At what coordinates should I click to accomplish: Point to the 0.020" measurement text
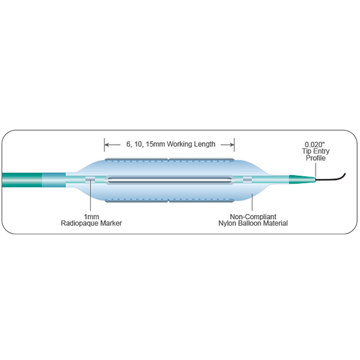click(314, 144)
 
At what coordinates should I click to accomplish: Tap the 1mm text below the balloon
click(91, 215)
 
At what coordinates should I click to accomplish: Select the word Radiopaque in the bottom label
click(83, 223)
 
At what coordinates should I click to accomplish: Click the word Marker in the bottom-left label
click(114, 223)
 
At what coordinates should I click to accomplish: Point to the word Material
click(272, 223)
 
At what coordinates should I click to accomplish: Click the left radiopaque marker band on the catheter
click(90, 179)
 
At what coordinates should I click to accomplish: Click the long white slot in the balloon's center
click(168, 179)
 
